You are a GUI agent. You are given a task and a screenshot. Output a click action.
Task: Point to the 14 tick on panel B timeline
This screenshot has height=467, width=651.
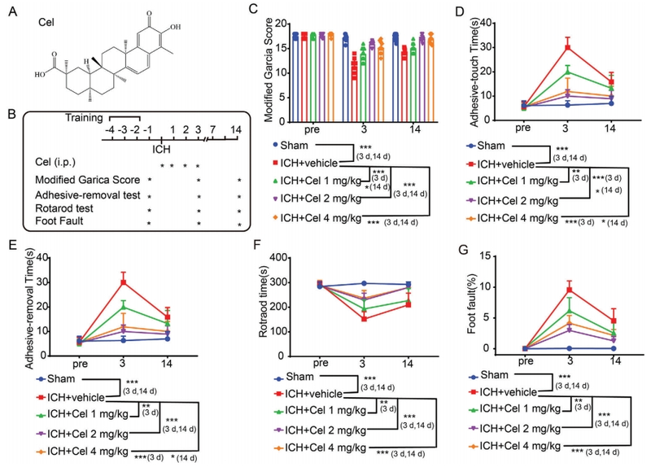coord(235,131)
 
